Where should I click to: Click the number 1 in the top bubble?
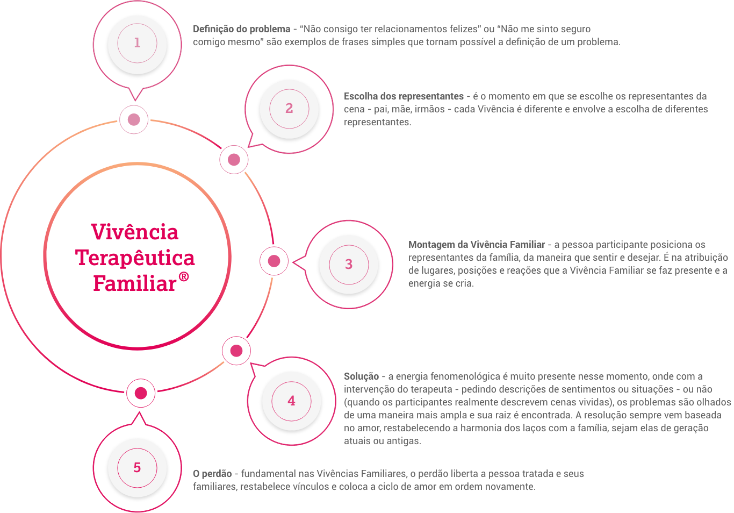[137, 43]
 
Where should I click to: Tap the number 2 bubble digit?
[289, 109]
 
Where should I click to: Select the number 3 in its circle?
[349, 265]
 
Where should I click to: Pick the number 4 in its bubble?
[291, 401]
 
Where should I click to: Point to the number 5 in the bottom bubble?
[137, 468]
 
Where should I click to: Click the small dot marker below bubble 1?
[134, 119]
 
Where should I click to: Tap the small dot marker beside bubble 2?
[234, 160]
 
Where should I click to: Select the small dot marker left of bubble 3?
[274, 261]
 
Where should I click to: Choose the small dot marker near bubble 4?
[236, 351]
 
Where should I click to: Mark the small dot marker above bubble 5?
[141, 394]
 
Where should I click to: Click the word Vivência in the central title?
[134, 232]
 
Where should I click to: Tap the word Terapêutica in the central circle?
[135, 258]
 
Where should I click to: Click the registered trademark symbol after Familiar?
[184, 277]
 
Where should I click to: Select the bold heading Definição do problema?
[241, 29]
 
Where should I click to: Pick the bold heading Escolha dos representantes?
[404, 96]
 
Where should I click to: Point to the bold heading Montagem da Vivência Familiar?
[477, 245]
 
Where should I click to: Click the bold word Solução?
[361, 376]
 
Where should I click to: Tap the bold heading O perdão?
[212, 474]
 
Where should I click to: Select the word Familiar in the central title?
[134, 283]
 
